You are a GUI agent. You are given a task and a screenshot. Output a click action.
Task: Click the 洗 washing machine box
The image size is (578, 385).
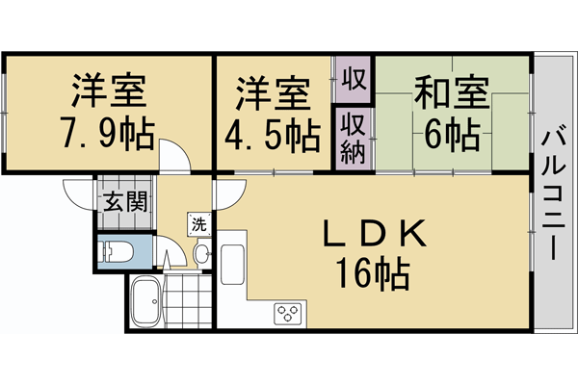click(198, 225)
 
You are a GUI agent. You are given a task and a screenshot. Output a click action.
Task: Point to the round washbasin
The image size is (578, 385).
click(201, 254)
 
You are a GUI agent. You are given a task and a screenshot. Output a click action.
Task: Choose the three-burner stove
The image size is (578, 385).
click(288, 311)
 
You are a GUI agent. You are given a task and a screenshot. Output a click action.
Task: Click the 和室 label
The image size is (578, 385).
click(451, 93)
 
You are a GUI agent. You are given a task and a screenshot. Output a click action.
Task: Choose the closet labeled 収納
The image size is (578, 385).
click(353, 138)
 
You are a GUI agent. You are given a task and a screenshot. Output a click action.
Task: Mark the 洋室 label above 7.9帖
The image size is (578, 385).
click(108, 93)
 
